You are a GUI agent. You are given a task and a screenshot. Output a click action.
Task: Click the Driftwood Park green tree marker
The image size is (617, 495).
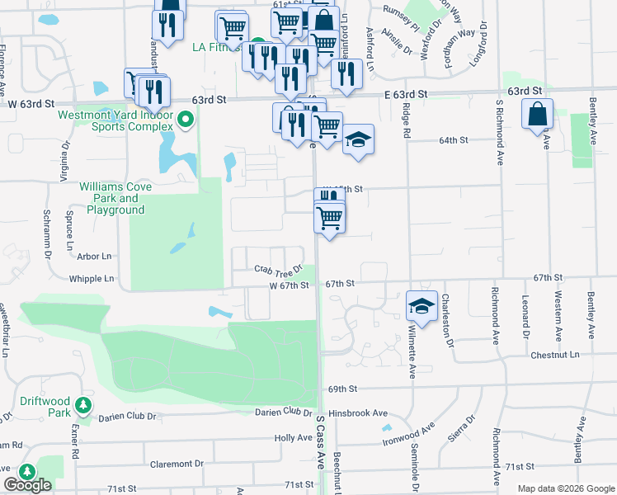83,405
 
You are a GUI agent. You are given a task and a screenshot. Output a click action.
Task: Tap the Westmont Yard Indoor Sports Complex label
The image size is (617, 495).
115,122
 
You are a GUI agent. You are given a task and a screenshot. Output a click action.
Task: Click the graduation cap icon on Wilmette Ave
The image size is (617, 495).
421,306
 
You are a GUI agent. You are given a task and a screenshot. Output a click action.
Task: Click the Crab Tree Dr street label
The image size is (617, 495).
279,270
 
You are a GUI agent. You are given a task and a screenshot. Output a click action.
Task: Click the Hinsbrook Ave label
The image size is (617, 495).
357,412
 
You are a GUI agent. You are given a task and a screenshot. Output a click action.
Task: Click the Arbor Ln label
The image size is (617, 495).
95,257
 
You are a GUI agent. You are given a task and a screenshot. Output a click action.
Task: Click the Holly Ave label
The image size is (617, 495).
293,438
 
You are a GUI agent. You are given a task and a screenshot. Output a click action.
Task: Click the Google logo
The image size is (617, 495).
27,485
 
